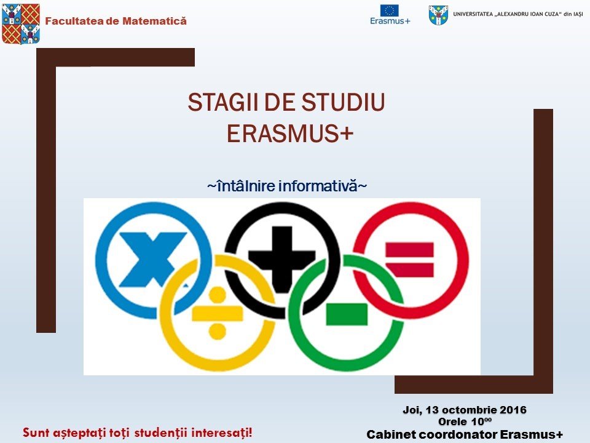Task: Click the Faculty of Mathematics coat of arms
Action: pos(21,24)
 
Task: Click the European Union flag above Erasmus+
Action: pos(389,10)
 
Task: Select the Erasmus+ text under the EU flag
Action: pos(390,21)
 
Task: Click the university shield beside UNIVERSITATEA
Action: pos(438,15)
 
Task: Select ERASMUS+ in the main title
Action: pos(290,134)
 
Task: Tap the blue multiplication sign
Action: pos(152,259)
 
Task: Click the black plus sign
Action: pos(282,260)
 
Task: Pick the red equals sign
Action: pos(409,260)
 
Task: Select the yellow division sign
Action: pos(217,313)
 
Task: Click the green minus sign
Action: pos(347,314)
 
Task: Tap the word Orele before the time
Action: pos(451,421)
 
